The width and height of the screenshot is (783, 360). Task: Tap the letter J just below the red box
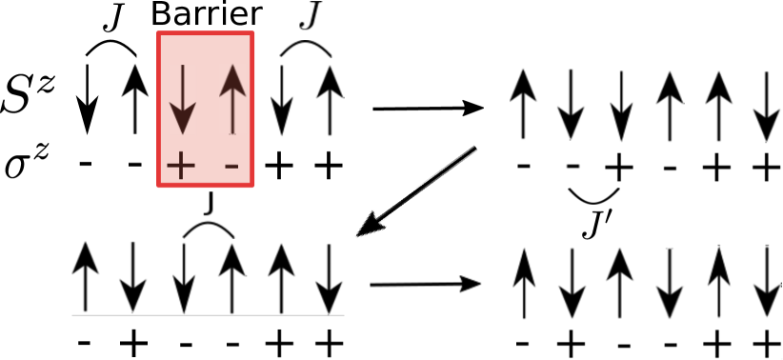(209, 202)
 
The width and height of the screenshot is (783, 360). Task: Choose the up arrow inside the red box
(232, 98)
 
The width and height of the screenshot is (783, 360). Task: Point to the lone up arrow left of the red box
(135, 97)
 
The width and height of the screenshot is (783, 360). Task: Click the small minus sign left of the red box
(135, 162)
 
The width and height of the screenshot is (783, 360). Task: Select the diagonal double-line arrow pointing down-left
(417, 190)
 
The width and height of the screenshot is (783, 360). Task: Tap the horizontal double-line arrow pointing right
(425, 284)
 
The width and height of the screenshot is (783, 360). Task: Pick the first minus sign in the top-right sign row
(523, 168)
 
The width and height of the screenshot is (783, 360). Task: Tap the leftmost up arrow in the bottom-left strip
(88, 278)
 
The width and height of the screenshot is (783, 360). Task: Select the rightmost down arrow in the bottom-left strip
(328, 278)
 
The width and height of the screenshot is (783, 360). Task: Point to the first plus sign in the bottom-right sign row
(570, 343)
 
